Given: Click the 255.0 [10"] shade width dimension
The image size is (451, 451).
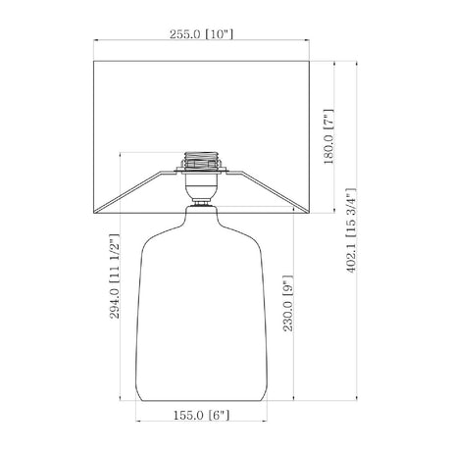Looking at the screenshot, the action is click(x=201, y=34).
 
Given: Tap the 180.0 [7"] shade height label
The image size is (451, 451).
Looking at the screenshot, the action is click(x=328, y=136).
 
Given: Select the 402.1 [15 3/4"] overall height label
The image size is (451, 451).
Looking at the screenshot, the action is click(x=351, y=230).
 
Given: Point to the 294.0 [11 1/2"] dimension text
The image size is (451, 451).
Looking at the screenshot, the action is click(x=115, y=276).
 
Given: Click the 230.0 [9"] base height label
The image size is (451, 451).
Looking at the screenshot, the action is click(x=288, y=304).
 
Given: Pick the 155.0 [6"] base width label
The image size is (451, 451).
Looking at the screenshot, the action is click(x=201, y=416).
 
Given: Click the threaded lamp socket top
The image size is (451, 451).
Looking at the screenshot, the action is click(x=201, y=160).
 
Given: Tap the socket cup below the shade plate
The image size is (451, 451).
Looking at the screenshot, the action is click(x=201, y=186).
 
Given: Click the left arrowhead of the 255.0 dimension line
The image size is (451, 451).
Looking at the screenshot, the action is click(x=95, y=40).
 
